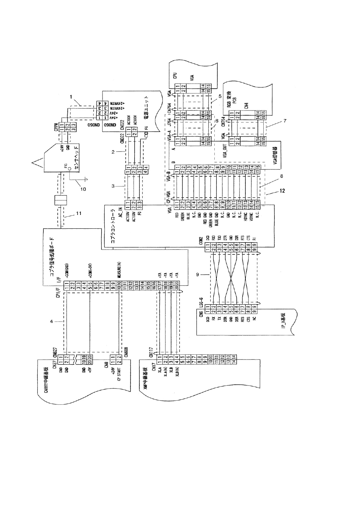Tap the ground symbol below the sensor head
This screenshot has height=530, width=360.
click(x=86, y=179)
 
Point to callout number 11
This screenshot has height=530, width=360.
click(x=78, y=213)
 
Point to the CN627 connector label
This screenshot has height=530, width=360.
click(x=55, y=352)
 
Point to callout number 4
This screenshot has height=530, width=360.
click(x=52, y=322)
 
